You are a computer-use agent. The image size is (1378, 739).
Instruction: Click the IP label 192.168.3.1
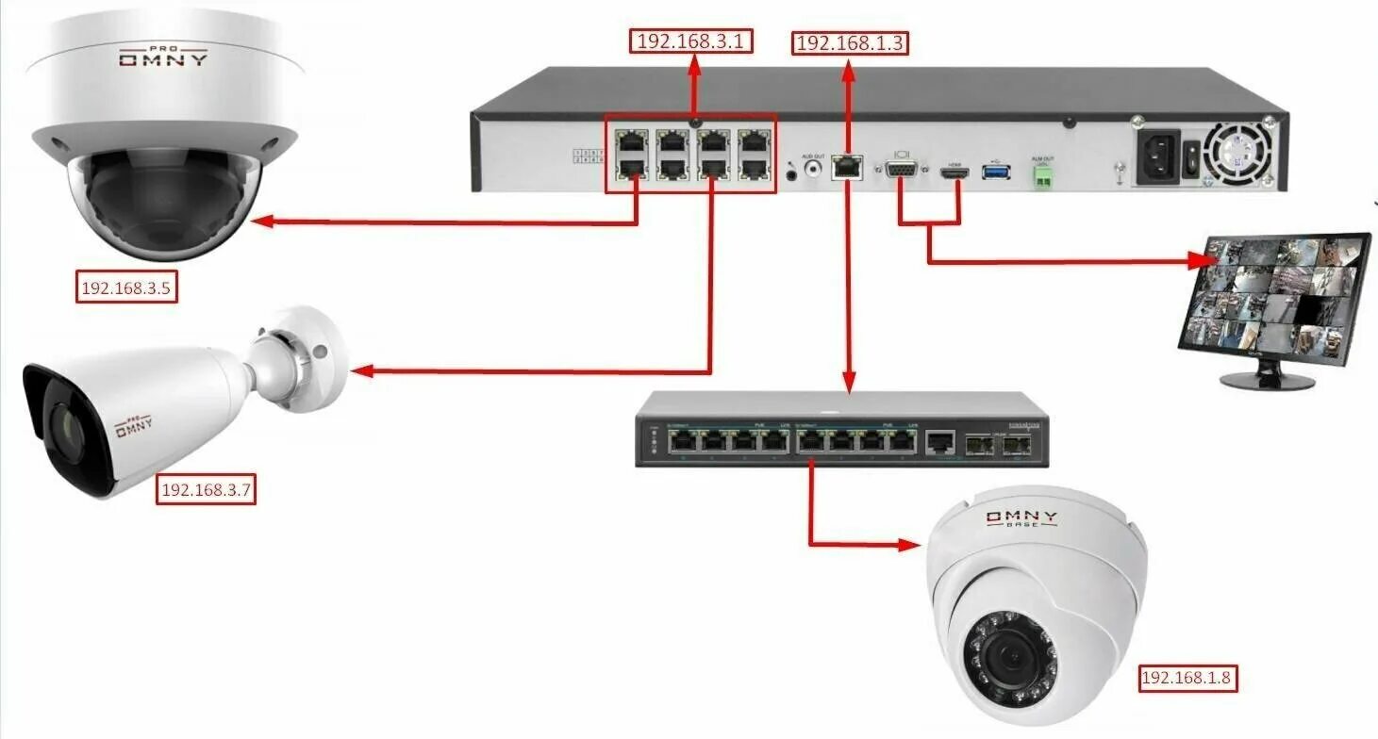tap(691, 41)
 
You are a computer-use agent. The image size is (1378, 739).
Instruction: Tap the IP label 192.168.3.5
tap(125, 287)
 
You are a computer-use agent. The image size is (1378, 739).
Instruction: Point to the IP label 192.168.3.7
tap(206, 490)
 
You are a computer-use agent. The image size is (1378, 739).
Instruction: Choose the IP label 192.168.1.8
tap(1187, 678)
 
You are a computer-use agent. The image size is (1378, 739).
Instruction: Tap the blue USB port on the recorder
tap(996, 172)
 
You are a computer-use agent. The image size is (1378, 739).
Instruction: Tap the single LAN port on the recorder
tap(847, 167)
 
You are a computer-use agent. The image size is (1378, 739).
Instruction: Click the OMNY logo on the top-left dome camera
tap(163, 58)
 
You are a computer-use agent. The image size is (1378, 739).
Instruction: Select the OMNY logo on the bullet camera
tap(134, 430)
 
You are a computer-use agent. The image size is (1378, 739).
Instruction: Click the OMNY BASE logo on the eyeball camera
tap(1021, 519)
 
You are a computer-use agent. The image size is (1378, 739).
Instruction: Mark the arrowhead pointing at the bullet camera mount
tap(360, 371)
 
